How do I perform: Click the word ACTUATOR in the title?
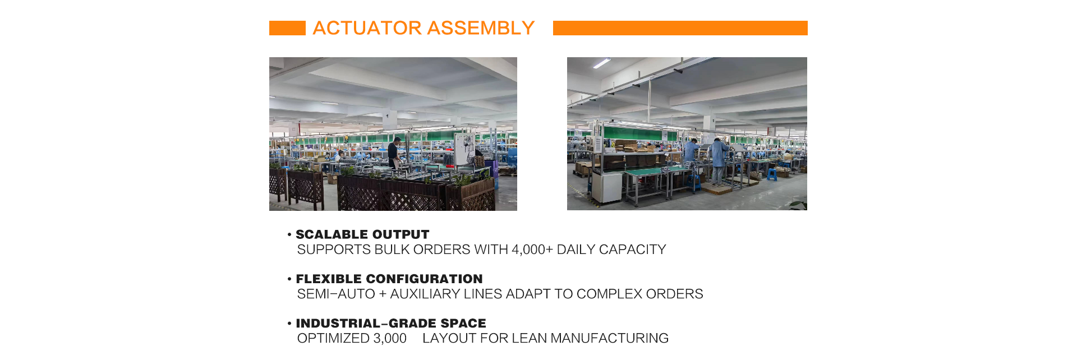click(x=367, y=28)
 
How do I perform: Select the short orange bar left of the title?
click(x=287, y=28)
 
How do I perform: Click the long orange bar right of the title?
click(x=680, y=28)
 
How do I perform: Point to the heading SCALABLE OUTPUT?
click(x=362, y=234)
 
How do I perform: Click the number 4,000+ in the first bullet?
click(x=532, y=250)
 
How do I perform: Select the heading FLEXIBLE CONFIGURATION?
click(x=389, y=279)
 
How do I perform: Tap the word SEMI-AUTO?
click(x=336, y=294)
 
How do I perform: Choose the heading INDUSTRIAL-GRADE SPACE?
click(x=391, y=324)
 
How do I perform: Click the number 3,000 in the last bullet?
click(x=390, y=338)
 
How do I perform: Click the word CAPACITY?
click(x=633, y=250)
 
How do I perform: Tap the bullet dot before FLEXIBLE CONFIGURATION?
click(x=289, y=279)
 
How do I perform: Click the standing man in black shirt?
click(x=395, y=153)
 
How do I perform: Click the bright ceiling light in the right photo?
click(x=601, y=63)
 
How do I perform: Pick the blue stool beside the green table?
click(x=772, y=174)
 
